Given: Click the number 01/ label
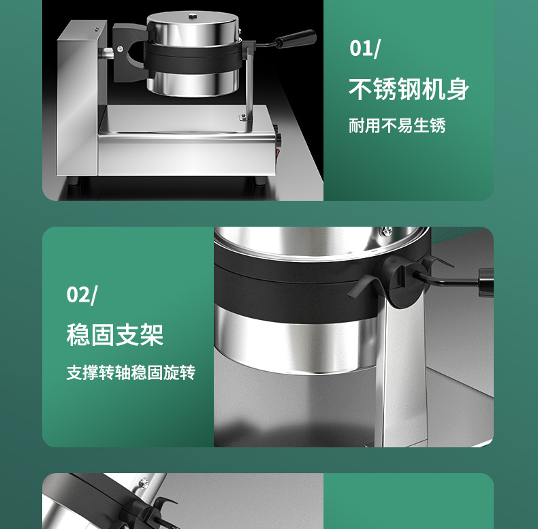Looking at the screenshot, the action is (x=365, y=49).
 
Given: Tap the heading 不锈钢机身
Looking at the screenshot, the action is (x=409, y=89).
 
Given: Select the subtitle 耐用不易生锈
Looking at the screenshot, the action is (x=397, y=125).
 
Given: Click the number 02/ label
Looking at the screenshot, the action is (x=82, y=295).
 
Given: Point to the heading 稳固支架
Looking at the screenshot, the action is (x=115, y=335).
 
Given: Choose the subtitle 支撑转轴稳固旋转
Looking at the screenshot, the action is (x=131, y=372).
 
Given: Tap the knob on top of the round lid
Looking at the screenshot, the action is (x=192, y=15).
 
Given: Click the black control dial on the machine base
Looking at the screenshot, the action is (x=278, y=139).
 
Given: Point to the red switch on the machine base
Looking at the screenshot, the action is (x=278, y=151).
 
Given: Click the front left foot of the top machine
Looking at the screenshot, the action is (x=73, y=181).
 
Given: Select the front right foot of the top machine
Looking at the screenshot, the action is (x=259, y=181).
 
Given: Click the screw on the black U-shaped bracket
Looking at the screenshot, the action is (x=120, y=48).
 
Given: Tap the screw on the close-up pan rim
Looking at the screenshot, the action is (x=387, y=231).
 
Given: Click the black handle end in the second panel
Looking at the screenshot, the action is (x=485, y=282).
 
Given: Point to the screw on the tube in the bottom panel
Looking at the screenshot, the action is (x=145, y=483).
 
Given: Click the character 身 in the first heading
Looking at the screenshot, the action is (x=458, y=89).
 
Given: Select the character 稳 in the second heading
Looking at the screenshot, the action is (x=78, y=335).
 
